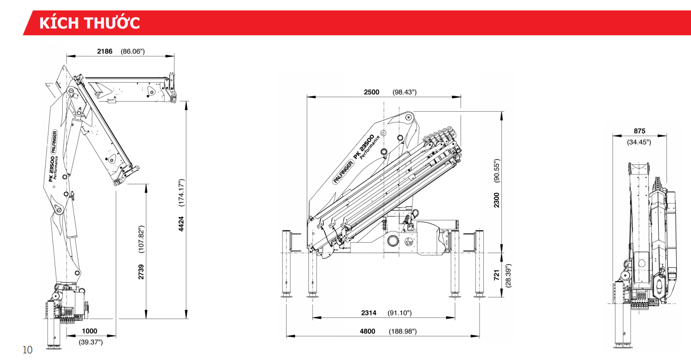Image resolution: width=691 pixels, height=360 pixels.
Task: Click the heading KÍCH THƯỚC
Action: (x=89, y=23)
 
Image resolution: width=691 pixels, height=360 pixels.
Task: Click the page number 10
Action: (x=28, y=350)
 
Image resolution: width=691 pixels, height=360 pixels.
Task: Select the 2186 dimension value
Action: (x=105, y=51)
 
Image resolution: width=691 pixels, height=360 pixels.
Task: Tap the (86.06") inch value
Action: (x=133, y=51)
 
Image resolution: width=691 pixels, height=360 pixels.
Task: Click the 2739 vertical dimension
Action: (x=141, y=272)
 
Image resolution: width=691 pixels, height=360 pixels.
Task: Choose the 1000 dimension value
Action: (x=89, y=331)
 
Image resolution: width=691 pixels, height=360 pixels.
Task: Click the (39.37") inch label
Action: (x=90, y=341)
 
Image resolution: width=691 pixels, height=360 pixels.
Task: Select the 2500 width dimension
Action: (x=371, y=92)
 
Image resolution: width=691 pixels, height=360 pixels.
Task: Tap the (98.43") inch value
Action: (x=404, y=92)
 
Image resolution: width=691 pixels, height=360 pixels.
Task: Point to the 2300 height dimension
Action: (x=497, y=199)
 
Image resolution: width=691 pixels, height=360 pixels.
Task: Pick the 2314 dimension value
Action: (x=369, y=313)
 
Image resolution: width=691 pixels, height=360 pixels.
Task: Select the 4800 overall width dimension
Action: (x=367, y=331)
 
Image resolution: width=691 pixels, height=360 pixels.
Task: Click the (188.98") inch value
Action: (x=403, y=331)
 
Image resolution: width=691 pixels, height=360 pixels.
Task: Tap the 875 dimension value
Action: (x=639, y=132)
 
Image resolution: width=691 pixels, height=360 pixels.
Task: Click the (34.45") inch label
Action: (x=639, y=142)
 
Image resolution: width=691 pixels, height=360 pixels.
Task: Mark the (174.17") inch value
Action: (x=181, y=192)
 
